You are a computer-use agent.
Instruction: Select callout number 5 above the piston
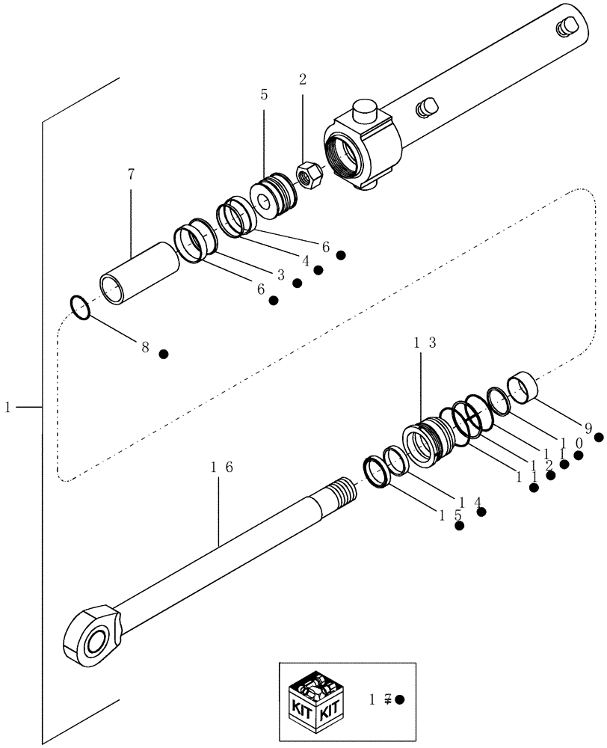pos(264,95)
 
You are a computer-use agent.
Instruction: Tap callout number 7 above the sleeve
pos(131,174)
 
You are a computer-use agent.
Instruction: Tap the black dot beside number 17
pos(400,699)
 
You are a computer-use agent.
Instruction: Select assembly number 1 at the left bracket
pos(8,407)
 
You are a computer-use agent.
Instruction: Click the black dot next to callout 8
pos(164,353)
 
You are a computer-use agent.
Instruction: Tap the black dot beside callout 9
pos(598,437)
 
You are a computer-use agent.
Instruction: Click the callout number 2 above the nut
pos(303,79)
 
